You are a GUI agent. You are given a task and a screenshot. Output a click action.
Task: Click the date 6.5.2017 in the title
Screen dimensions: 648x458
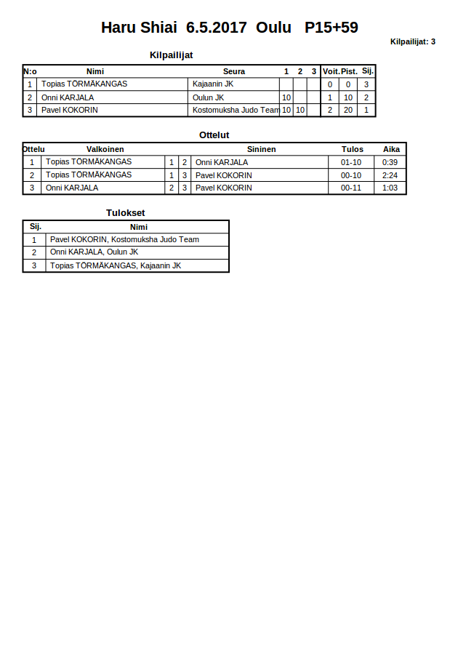(217, 28)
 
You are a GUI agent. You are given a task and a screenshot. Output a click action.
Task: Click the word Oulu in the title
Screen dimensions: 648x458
(273, 28)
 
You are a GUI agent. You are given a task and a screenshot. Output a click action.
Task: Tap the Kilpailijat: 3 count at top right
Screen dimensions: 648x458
(412, 42)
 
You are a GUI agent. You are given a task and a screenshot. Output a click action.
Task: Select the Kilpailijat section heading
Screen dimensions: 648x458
(171, 55)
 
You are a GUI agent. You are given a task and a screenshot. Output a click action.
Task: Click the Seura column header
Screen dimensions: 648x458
(234, 71)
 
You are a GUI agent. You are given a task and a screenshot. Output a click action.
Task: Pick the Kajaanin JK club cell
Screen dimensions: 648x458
(213, 84)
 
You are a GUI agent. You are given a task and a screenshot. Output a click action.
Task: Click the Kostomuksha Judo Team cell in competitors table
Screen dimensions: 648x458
(236, 111)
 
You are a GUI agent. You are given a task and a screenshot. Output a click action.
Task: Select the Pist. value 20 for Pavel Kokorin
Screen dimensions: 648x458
(348, 111)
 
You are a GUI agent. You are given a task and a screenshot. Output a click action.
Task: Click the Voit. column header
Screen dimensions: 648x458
(331, 71)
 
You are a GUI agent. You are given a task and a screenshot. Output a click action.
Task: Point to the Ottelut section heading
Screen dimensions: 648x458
(214, 135)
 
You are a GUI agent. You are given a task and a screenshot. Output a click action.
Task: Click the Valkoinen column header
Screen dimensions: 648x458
(105, 149)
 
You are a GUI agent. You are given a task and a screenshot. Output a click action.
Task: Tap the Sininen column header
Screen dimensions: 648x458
(261, 149)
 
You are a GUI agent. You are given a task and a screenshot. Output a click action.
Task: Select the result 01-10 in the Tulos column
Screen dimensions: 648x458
(351, 162)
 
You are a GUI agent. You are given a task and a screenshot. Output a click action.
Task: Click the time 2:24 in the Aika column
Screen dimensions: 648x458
(390, 175)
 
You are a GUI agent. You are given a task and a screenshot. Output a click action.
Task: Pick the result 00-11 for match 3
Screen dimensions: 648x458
(351, 188)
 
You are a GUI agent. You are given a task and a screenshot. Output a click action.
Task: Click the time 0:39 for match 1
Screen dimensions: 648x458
(390, 162)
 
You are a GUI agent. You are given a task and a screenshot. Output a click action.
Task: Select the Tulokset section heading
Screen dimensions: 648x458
(125, 213)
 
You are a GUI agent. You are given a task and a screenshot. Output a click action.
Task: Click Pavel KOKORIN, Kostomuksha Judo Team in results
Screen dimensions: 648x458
(124, 239)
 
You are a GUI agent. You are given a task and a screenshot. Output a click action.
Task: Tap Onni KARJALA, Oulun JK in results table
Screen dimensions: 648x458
(94, 252)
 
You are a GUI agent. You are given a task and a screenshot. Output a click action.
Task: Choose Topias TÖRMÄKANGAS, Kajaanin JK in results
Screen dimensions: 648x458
(115, 265)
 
